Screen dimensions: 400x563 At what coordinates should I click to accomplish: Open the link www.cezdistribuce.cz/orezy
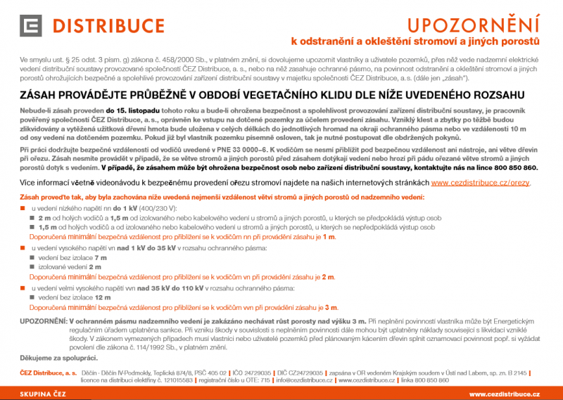coord(481,182)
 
